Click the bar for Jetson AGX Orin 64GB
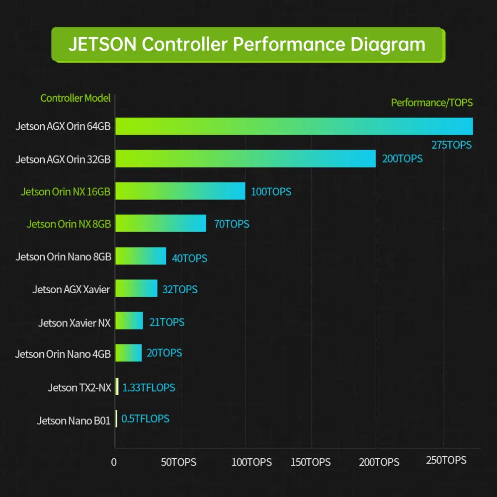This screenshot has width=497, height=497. pos(294,126)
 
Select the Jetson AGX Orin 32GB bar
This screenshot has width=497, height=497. pos(246,159)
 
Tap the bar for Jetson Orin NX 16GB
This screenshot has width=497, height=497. pos(180,191)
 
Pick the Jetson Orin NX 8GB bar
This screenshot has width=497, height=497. pos(161,223)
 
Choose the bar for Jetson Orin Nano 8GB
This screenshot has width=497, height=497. pos(141,256)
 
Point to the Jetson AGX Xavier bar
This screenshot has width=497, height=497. pos(136,288)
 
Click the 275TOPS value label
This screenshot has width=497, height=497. pos(451,145)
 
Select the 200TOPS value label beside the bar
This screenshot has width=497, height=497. pos(402,159)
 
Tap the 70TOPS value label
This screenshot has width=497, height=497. pos(232,224)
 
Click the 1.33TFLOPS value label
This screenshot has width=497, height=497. pos(149,387)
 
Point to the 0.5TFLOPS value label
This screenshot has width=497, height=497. pos(145,418)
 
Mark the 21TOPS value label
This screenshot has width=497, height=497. pos(166,322)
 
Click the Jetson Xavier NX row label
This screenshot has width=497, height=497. pos(74,323)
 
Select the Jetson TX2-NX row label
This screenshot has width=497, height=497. pos(80,387)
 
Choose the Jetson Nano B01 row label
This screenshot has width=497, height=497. pos(74,420)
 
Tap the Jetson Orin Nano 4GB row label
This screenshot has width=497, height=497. pos(63,354)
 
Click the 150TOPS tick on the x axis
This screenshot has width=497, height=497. pos(310,462)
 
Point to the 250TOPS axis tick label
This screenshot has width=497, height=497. pos(446,460)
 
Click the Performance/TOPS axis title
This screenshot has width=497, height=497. pos(431,102)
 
